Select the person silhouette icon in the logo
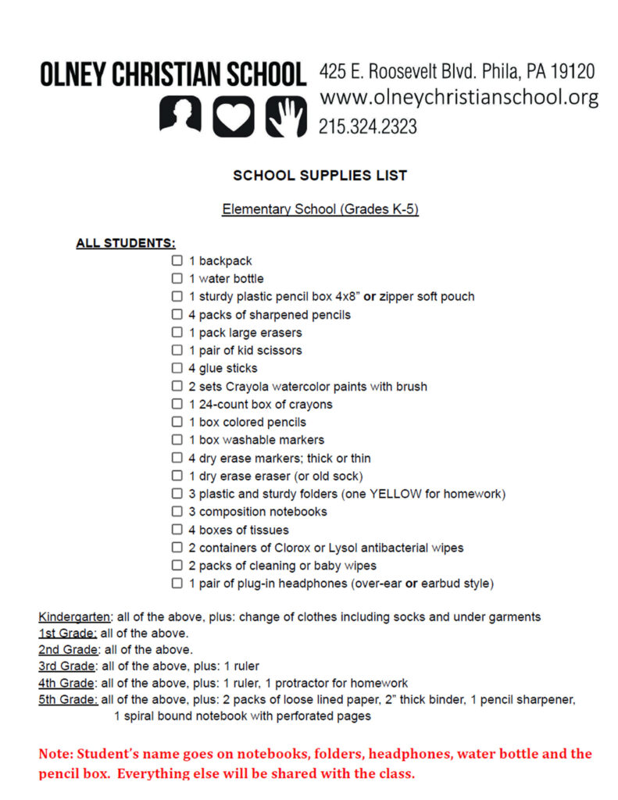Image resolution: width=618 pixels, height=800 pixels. click(180, 115)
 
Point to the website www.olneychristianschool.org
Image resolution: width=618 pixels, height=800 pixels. click(459, 98)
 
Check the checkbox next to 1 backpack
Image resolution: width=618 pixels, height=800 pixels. click(177, 261)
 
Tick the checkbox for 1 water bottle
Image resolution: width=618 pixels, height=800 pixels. click(177, 279)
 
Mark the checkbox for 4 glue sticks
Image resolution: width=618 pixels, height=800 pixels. click(177, 368)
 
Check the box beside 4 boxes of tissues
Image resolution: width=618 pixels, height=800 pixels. click(177, 530)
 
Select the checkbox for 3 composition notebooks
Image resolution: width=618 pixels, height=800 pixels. click(177, 512)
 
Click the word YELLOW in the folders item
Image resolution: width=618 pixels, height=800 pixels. click(395, 494)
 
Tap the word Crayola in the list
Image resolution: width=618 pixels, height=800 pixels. click(249, 387)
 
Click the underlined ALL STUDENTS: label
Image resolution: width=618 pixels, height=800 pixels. click(126, 244)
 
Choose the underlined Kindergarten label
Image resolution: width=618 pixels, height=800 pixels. click(74, 617)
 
